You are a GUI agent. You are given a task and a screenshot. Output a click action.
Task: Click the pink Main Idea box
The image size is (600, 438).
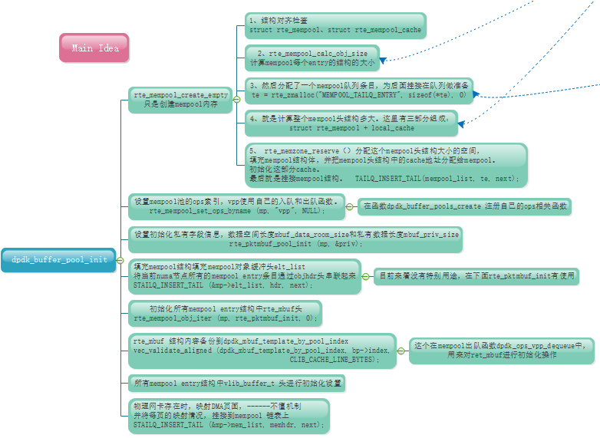coord(94,48)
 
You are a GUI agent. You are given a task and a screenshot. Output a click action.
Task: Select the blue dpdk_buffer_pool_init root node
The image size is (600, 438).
coord(58,259)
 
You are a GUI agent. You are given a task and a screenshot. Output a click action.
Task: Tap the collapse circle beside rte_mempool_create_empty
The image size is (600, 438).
coord(236,99)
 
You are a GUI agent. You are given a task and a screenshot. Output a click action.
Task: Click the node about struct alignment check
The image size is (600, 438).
coord(335,24)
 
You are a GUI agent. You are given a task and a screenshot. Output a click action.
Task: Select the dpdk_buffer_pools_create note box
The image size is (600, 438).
coord(465,206)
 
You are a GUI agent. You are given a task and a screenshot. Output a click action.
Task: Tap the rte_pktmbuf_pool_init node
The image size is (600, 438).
coord(295,239)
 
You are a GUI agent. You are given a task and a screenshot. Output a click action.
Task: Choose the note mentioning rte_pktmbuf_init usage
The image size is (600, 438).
coord(476,276)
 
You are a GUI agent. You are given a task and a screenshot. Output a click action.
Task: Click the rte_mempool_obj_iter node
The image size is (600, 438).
coord(225,313)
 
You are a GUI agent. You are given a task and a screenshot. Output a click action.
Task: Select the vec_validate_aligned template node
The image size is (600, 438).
coord(262,350)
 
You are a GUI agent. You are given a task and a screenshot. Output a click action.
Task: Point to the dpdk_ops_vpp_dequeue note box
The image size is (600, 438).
coord(501,350)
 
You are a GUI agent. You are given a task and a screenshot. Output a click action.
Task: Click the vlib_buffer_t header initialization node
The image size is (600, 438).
coord(236,382)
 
